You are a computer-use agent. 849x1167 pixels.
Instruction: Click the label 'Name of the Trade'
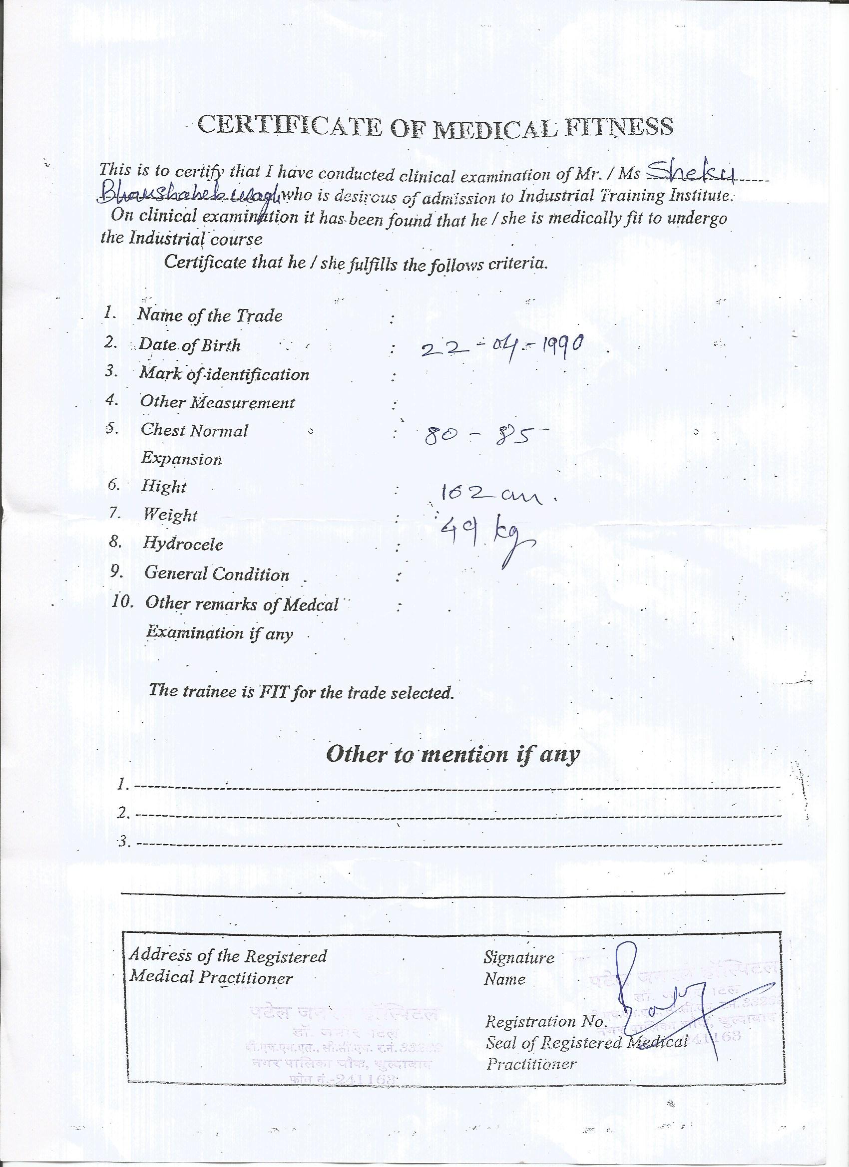click(210, 315)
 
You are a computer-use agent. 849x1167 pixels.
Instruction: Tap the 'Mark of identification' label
click(224, 374)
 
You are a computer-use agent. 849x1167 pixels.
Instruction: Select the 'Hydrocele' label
click(183, 544)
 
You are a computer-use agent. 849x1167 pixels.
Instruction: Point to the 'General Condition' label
click(217, 573)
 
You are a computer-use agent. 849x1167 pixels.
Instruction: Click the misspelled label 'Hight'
click(164, 486)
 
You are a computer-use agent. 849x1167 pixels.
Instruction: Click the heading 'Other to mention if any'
click(452, 755)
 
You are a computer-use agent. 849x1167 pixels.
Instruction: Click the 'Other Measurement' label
click(218, 402)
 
